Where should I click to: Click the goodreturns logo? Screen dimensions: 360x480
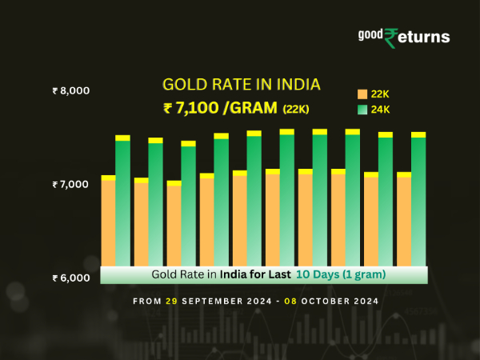(403, 37)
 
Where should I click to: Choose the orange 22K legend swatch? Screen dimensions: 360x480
(362, 94)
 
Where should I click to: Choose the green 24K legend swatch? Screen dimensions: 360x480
(362, 109)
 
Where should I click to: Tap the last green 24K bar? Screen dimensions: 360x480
(418, 200)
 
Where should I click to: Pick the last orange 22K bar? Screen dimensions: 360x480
(404, 220)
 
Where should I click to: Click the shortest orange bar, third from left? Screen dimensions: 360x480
(174, 225)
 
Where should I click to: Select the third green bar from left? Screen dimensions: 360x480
(188, 205)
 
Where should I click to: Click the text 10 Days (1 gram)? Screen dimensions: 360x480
(341, 274)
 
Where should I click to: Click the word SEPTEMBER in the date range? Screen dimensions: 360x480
(209, 302)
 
